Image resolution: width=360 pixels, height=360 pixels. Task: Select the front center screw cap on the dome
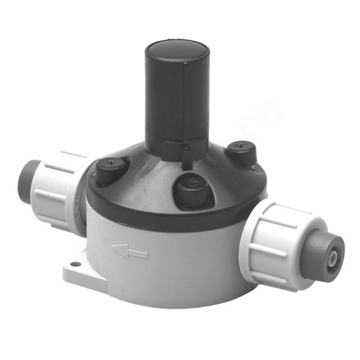189,189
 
